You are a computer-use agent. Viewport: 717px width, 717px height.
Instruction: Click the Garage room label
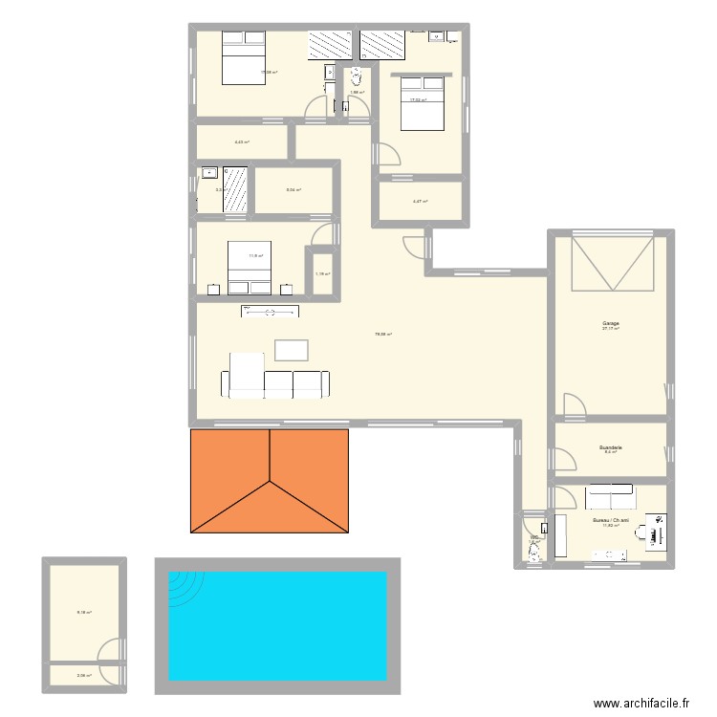coord(610,324)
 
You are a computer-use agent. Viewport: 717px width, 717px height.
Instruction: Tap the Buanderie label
coord(610,447)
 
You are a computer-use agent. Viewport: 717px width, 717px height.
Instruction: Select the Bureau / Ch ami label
coord(609,520)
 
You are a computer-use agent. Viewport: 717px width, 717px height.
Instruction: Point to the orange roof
coord(270,481)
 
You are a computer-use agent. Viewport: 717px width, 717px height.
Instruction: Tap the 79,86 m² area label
coord(383,334)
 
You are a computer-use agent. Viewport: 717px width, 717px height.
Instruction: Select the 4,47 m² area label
coord(420,202)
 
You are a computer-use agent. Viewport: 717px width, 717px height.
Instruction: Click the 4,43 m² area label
coord(241,142)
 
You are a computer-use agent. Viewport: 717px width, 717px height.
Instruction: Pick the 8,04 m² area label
coord(293,189)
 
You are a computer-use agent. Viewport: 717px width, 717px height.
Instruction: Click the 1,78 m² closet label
coord(322,274)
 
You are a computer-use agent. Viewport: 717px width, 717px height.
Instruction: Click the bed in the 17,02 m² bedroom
coord(421,102)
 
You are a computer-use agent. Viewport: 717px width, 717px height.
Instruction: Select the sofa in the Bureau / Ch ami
coord(609,496)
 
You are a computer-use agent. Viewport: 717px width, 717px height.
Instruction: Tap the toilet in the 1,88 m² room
coord(357,77)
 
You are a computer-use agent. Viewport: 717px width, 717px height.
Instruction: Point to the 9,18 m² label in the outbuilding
coord(84,612)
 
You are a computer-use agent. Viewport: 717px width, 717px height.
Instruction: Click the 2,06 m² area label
coord(83,675)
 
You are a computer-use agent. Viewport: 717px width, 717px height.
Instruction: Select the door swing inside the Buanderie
coord(565,460)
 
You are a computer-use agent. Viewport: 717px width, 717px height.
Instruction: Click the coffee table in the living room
coord(292,350)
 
